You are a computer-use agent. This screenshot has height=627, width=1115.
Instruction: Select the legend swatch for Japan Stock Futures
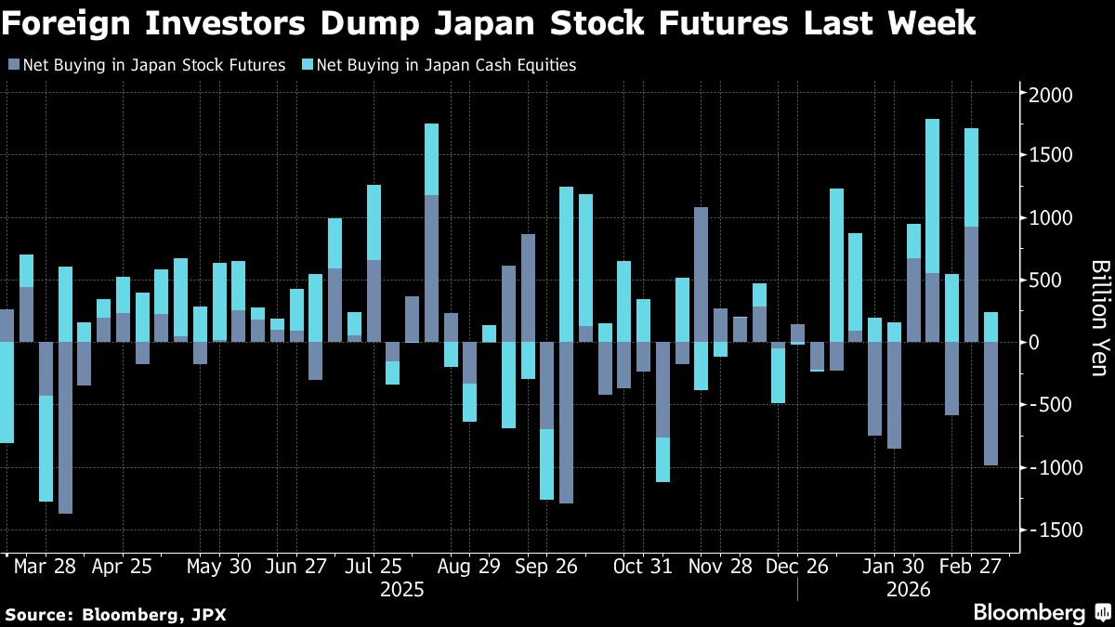pos(14,65)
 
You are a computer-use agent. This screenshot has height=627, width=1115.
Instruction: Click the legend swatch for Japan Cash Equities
pos(308,65)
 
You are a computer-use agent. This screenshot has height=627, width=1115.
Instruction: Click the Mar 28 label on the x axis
pos(45,567)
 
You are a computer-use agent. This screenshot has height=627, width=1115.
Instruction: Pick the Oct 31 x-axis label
pos(642,567)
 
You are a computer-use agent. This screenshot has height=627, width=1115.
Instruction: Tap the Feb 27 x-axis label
pos(970,567)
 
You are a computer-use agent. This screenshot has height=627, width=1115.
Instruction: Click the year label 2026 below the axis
pos(909,590)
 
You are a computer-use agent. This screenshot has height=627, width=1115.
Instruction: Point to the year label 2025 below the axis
pos(401,590)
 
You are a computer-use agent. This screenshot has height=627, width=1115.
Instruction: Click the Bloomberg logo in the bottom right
pos(1043,612)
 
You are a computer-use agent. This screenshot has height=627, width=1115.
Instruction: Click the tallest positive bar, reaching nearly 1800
pos(932,230)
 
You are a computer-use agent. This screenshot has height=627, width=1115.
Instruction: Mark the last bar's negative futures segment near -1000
pos(990,403)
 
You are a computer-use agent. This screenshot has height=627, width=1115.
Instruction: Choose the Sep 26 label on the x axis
pos(546,567)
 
